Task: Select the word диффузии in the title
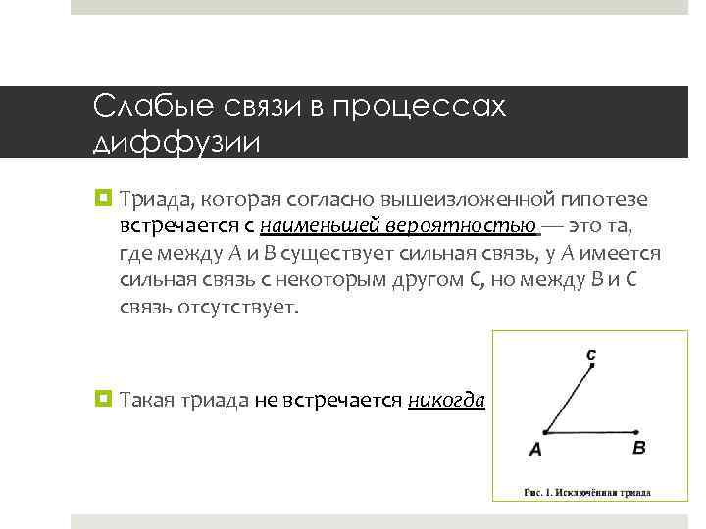(x=176, y=143)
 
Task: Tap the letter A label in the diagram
(x=535, y=450)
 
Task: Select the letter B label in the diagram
(x=639, y=448)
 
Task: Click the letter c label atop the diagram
(x=591, y=353)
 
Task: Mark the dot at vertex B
(x=638, y=431)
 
